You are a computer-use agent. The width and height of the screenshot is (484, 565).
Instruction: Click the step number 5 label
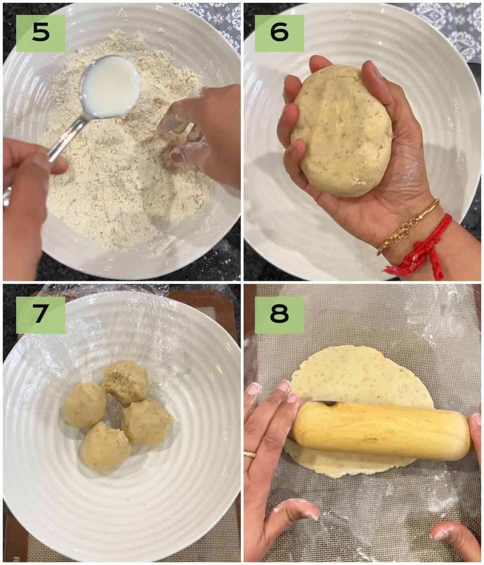41,33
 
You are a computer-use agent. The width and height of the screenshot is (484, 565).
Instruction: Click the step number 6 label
280,33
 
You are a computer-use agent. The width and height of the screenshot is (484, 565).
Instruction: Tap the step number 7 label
41,315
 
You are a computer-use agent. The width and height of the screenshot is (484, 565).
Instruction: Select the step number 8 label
280,315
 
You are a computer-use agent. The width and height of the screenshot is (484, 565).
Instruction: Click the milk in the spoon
111,86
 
